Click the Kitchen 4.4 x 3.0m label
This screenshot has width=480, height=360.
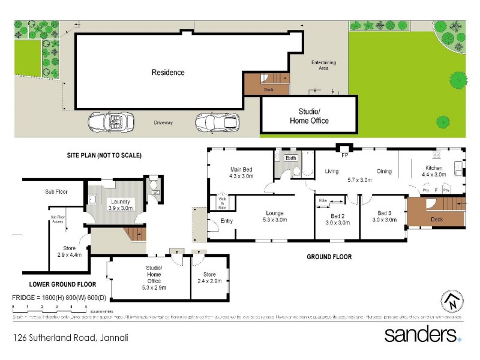pos(434,171)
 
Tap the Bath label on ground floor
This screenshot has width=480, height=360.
pos(291,158)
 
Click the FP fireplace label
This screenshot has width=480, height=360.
pos(345,155)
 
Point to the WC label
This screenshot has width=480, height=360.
pos(155,193)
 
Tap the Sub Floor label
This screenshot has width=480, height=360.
pos(56,192)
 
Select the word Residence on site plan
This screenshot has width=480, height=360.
pos(167,73)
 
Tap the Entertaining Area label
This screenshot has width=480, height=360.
pos(323,65)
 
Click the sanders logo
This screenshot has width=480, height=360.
pos(422,334)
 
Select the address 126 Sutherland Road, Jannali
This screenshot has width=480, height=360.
pos(71,337)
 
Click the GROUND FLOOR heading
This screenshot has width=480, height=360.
pos(329,257)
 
